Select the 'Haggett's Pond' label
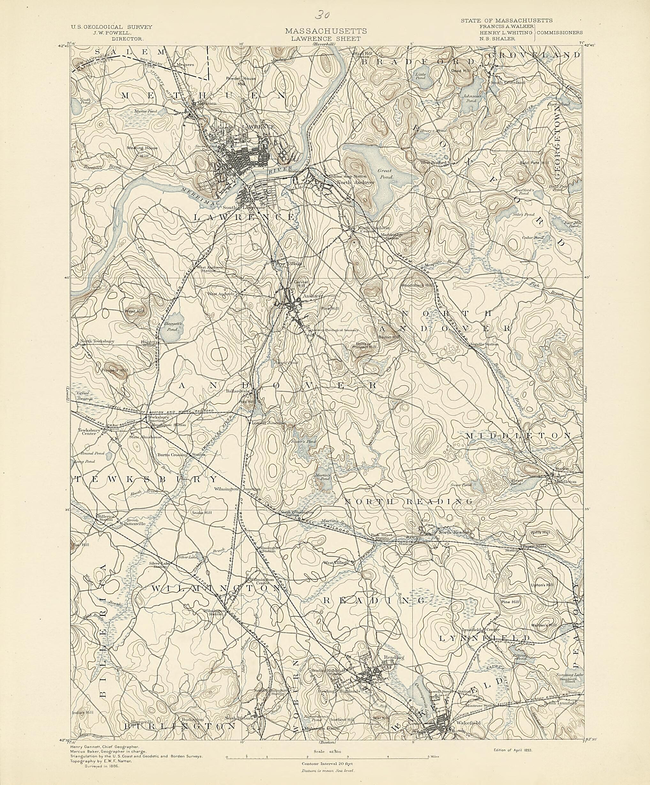172,328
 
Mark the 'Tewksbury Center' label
88,432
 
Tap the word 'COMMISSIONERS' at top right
560,33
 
